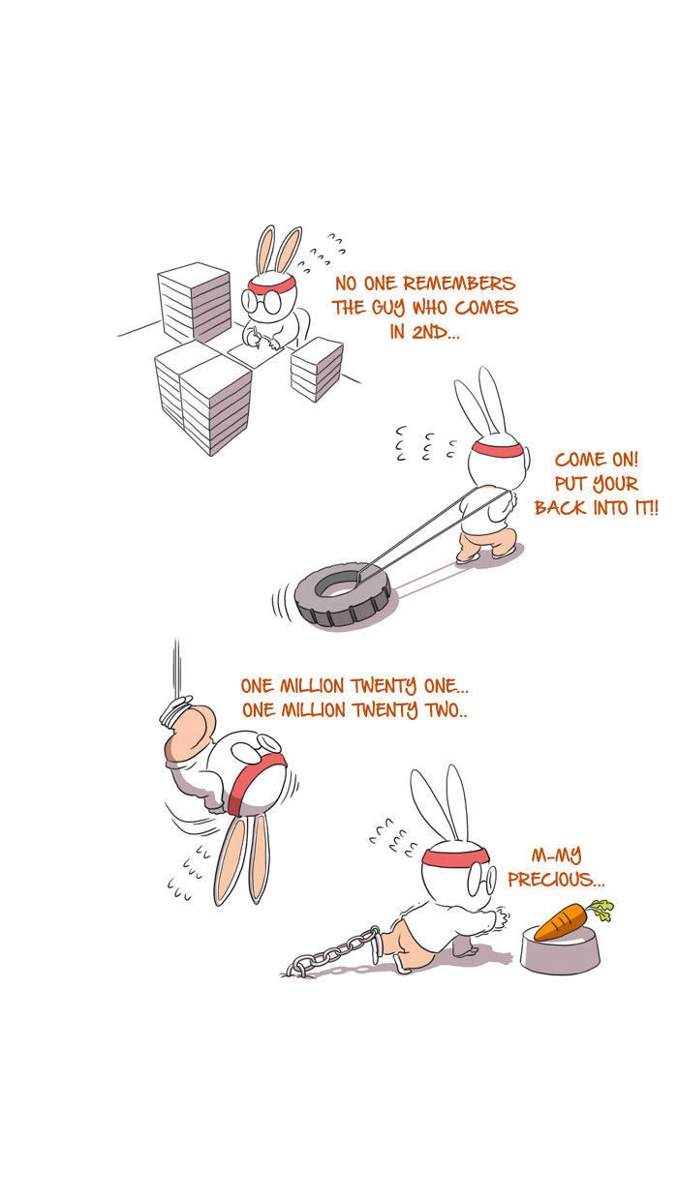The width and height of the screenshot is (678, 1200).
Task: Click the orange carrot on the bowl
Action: (x=560, y=922)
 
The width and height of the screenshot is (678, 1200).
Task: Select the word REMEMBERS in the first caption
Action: (x=459, y=284)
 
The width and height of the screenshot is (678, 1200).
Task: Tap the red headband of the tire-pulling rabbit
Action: (x=497, y=449)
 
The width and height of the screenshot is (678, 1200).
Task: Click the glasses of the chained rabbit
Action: (x=482, y=880)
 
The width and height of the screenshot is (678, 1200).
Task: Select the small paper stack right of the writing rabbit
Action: (x=317, y=370)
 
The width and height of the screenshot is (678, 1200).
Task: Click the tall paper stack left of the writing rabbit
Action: (x=195, y=303)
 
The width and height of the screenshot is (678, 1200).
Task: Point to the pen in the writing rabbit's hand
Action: (x=257, y=340)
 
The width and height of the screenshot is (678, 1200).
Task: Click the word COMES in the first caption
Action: (x=486, y=308)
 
